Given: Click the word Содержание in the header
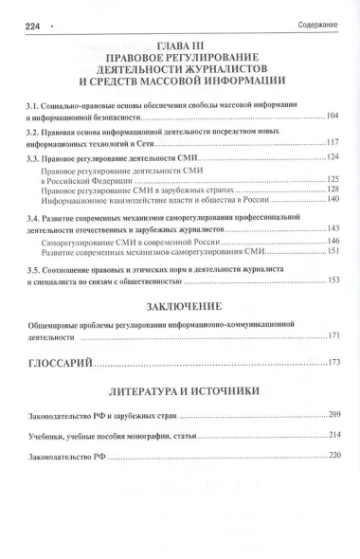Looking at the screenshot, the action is coord(319,13).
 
